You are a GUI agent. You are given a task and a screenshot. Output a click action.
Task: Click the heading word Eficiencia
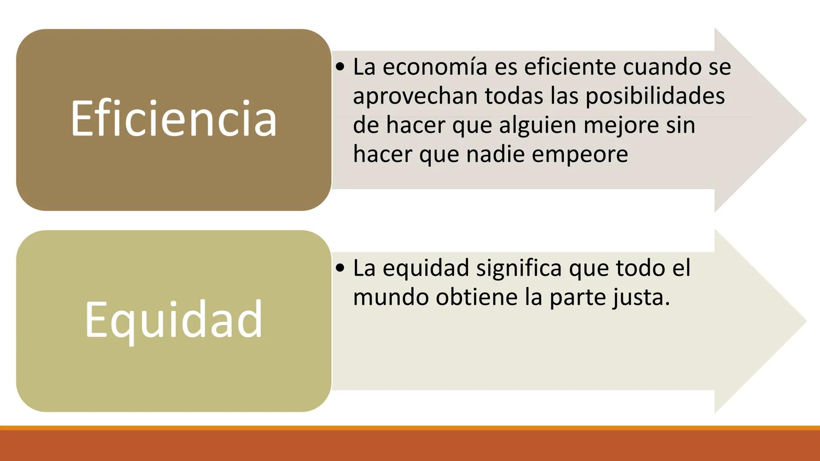(x=174, y=119)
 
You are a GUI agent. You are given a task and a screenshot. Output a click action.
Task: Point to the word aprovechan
(x=415, y=96)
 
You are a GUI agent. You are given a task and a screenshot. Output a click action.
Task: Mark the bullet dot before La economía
(x=340, y=67)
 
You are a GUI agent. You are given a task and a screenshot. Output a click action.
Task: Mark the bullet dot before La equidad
(x=340, y=268)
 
